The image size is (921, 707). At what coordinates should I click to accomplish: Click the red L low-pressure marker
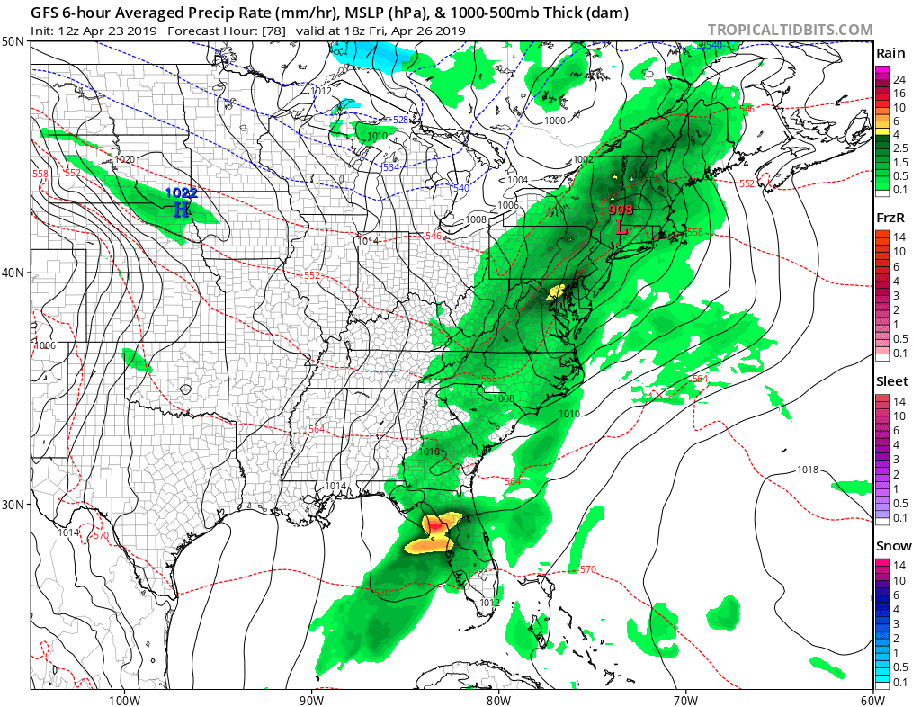click(621, 227)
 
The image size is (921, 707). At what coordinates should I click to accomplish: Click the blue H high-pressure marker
click(181, 210)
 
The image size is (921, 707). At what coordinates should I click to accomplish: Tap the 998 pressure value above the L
click(621, 210)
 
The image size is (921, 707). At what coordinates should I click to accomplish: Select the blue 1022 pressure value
click(181, 192)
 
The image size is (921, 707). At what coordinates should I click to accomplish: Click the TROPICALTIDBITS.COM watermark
click(790, 30)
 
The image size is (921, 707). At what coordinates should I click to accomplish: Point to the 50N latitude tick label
click(13, 42)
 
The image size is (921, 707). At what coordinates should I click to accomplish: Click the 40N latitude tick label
click(13, 273)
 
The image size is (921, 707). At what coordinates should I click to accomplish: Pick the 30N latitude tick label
click(13, 504)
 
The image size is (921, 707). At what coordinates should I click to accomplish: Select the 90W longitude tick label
click(311, 699)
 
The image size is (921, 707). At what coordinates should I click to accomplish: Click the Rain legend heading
click(890, 53)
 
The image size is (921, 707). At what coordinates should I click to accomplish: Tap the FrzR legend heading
click(890, 218)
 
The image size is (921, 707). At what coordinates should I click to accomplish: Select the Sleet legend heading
click(891, 381)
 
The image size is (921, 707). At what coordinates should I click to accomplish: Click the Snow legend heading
click(893, 546)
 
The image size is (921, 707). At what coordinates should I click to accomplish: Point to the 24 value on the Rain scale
click(899, 80)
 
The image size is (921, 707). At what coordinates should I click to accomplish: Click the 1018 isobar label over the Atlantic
click(808, 470)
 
